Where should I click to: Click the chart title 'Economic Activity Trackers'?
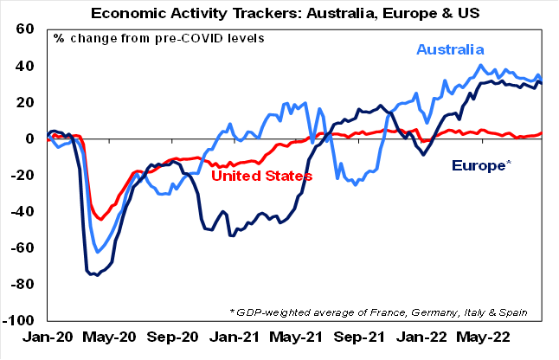pos(280,11)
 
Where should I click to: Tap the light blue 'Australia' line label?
pos(450,50)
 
